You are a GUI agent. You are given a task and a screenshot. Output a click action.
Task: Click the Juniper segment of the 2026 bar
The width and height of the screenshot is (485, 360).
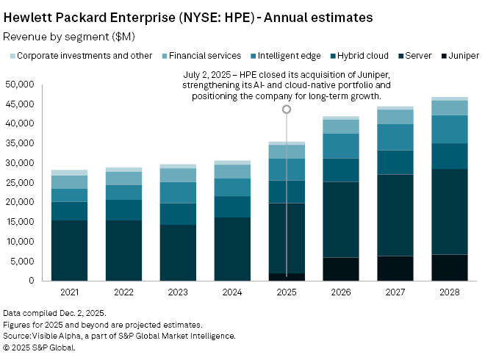click(340, 269)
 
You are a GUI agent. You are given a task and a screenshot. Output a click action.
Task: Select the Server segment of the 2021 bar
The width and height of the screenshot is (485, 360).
click(70, 251)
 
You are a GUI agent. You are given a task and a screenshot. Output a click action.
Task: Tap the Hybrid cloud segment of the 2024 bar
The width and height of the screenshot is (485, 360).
click(232, 206)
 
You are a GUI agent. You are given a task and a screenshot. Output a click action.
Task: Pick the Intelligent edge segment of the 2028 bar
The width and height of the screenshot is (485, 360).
click(449, 129)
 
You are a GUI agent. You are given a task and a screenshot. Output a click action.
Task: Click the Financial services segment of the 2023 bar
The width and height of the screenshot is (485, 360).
click(178, 175)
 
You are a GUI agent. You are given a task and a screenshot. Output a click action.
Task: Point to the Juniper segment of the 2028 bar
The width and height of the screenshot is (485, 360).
click(449, 267)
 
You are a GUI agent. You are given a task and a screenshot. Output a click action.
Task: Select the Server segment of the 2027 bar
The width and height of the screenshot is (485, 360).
click(395, 215)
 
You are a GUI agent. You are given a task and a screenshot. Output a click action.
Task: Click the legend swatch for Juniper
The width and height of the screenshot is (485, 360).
click(444, 56)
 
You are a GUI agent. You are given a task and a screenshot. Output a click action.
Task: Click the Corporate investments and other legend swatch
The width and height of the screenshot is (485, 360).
click(12, 56)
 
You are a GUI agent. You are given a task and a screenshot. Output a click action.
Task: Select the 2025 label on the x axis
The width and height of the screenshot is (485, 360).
click(287, 293)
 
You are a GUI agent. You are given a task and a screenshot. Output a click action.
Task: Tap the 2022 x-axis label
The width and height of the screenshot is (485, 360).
click(123, 293)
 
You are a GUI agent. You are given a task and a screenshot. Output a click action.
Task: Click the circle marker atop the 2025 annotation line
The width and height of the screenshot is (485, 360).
click(287, 109)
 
